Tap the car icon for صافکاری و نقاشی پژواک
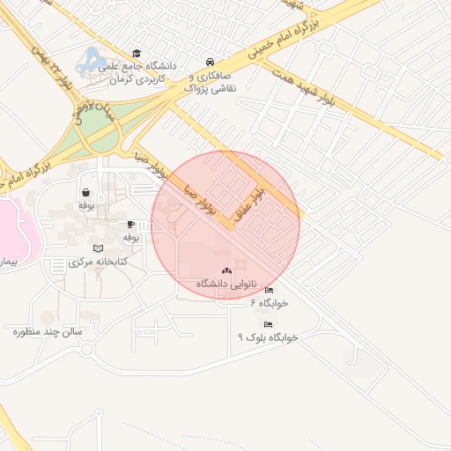(x=210, y=62)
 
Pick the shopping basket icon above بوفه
(x=85, y=192)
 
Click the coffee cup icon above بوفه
(x=130, y=225)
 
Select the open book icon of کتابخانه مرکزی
(x=98, y=249)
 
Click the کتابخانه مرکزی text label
(x=98, y=262)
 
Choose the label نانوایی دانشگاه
(x=225, y=284)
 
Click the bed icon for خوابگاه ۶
(x=270, y=290)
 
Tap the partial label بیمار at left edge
(x=8, y=262)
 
